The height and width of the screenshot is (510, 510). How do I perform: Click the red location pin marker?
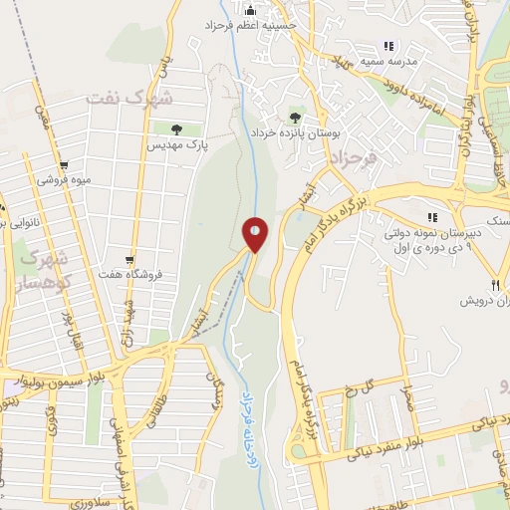coord(255,235)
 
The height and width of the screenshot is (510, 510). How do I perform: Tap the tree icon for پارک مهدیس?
coord(176,128)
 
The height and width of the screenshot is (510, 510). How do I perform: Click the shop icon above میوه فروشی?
coord(64,165)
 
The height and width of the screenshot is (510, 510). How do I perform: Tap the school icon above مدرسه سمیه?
coord(388,45)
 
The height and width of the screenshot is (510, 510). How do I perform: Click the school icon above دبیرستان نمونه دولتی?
coord(432,217)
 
